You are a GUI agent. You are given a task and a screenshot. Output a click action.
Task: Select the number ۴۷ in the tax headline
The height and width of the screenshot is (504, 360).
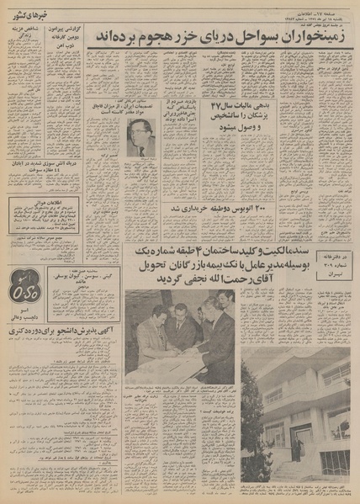pyautogui.click(x=215, y=108)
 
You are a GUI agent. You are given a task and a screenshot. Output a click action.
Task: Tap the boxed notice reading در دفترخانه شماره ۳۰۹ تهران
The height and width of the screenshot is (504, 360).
pyautogui.click(x=332, y=263)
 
